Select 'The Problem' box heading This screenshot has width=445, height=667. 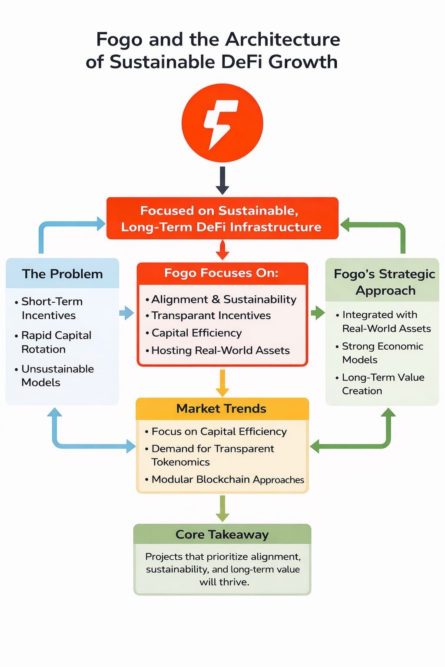point(62,274)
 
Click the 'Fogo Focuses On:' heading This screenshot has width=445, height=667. point(221,273)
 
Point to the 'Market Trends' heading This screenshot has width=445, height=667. point(221,409)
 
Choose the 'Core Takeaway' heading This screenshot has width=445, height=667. point(222,535)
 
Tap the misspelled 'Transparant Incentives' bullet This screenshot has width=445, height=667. point(211,316)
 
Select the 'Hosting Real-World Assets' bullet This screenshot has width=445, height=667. point(220,350)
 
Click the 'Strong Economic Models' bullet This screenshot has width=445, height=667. point(382,353)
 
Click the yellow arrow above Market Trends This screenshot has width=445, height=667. point(222,383)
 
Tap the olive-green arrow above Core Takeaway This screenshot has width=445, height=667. point(222,508)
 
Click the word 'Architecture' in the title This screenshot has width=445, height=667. point(282,40)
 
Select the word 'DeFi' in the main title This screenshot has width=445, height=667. point(242,62)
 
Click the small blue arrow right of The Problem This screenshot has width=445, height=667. point(126,313)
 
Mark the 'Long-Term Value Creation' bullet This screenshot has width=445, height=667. point(383,384)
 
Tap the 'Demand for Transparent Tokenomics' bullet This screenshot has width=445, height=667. point(212,455)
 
